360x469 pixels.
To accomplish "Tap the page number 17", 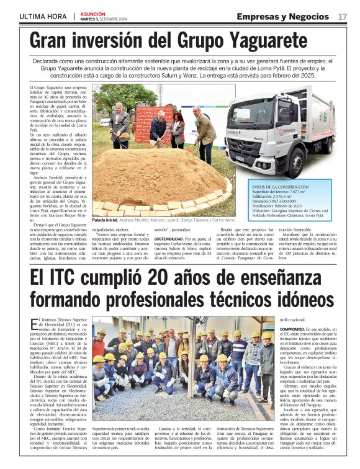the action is (x=342, y=16).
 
